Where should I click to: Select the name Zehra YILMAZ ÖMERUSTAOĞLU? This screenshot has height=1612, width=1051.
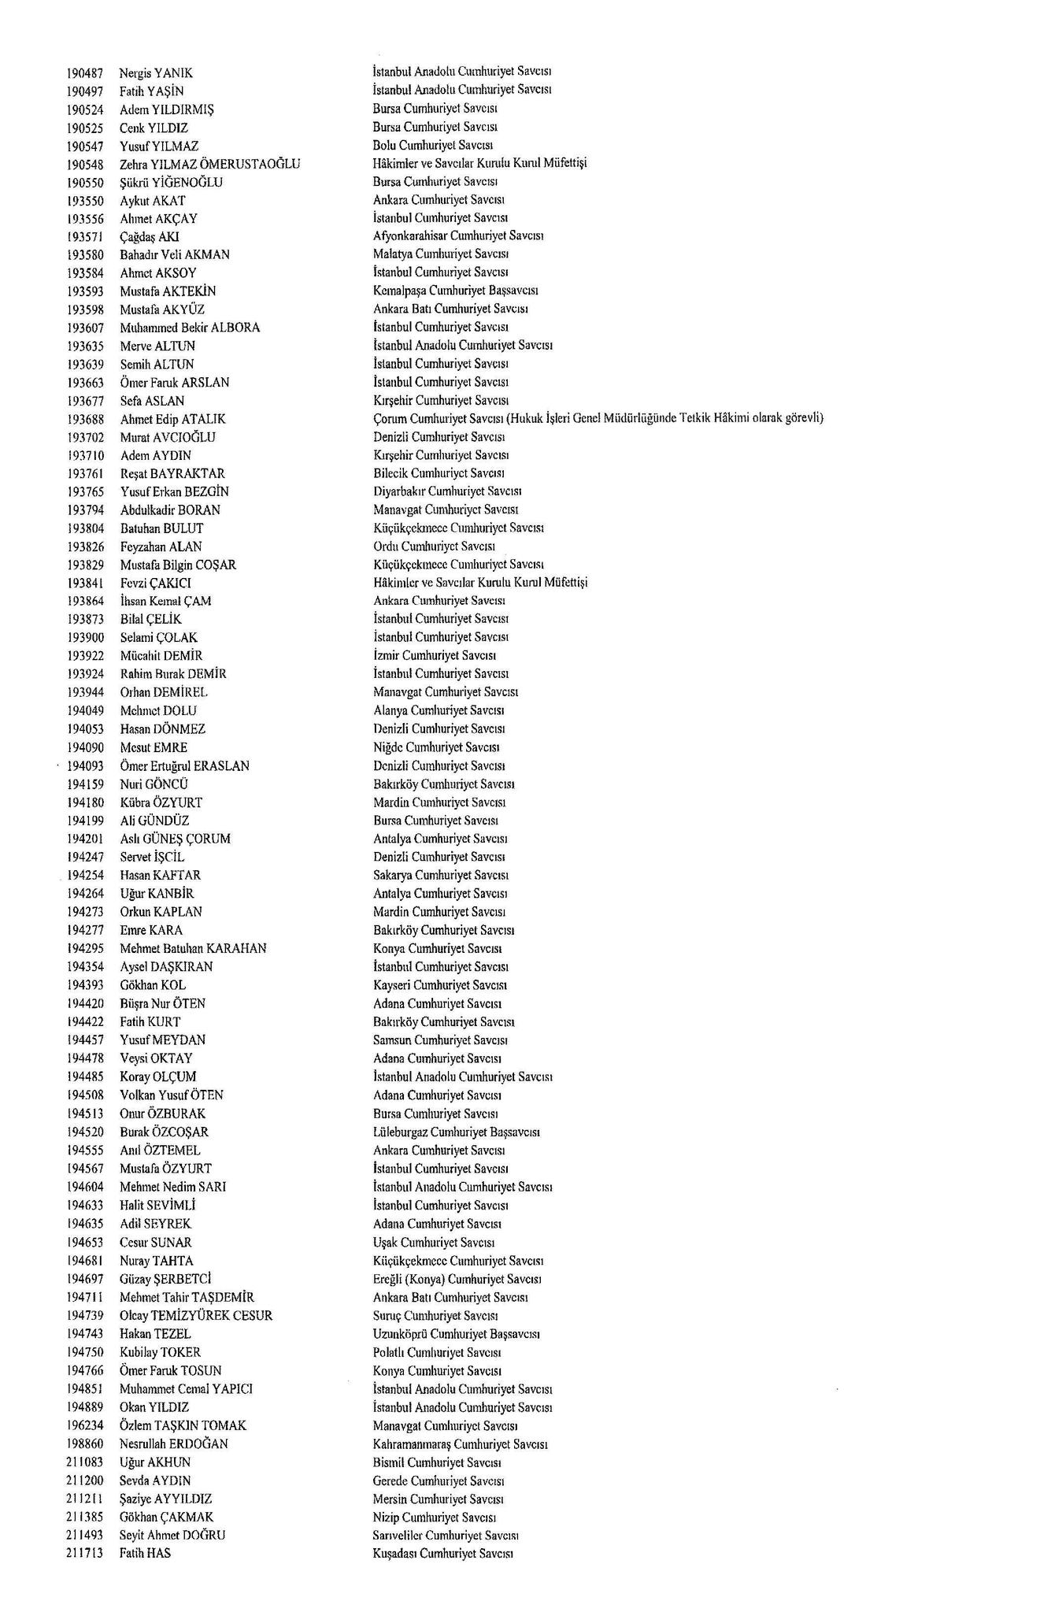pyautogui.click(x=210, y=165)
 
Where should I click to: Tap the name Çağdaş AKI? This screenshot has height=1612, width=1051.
pyautogui.click(x=150, y=237)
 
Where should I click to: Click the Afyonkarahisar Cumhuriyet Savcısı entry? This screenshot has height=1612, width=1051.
pyautogui.click(x=459, y=235)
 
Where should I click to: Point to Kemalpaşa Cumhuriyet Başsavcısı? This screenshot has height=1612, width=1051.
pyautogui.click(x=455, y=291)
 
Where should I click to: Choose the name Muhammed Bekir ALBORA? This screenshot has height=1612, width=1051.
pyautogui.click(x=190, y=328)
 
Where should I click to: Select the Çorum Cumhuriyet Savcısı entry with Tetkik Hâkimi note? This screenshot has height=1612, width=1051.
pyautogui.click(x=598, y=418)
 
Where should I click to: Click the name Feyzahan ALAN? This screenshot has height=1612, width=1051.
pyautogui.click(x=161, y=547)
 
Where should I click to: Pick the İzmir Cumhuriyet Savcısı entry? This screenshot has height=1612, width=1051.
pyautogui.click(x=435, y=655)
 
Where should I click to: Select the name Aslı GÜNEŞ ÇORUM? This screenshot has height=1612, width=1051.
pyautogui.click(x=176, y=839)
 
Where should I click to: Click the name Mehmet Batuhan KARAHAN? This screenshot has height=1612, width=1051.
pyautogui.click(x=193, y=948)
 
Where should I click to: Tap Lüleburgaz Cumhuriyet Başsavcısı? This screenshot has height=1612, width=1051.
pyautogui.click(x=457, y=1132)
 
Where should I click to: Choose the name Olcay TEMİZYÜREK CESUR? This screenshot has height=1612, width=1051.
pyautogui.click(x=196, y=1315)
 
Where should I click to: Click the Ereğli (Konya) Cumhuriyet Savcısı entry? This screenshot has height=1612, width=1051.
pyautogui.click(x=457, y=1279)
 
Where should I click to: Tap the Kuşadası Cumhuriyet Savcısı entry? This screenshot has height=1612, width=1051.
pyautogui.click(x=443, y=1554)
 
